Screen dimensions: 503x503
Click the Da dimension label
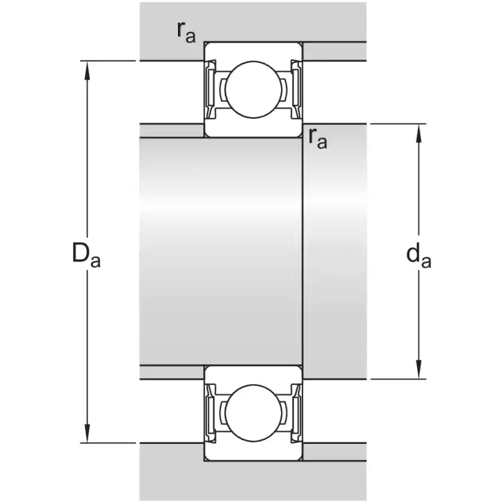click(86, 255)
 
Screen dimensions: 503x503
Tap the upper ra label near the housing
click(186, 33)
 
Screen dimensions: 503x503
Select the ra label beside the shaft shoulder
click(318, 138)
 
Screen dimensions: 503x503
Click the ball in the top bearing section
click(253, 89)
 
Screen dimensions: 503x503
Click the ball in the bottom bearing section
click(253, 413)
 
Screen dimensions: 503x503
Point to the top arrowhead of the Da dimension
click(87, 70)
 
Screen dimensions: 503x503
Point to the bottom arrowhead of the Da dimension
click(87, 434)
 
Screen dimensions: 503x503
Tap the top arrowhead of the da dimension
click(419, 133)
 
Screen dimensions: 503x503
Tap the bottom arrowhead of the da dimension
click(419, 370)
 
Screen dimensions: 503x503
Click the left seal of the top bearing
click(211, 89)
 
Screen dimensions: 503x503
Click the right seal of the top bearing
click(296, 89)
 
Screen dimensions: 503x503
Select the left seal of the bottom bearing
click(211, 413)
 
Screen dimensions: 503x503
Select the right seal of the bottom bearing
click(296, 413)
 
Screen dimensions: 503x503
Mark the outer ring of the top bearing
click(253, 52)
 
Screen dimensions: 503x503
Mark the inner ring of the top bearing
click(253, 128)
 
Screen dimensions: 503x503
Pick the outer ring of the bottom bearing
click(253, 451)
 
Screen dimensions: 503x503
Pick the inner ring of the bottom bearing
click(253, 375)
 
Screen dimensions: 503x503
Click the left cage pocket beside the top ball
click(223, 89)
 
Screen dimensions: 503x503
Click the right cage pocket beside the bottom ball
click(284, 413)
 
